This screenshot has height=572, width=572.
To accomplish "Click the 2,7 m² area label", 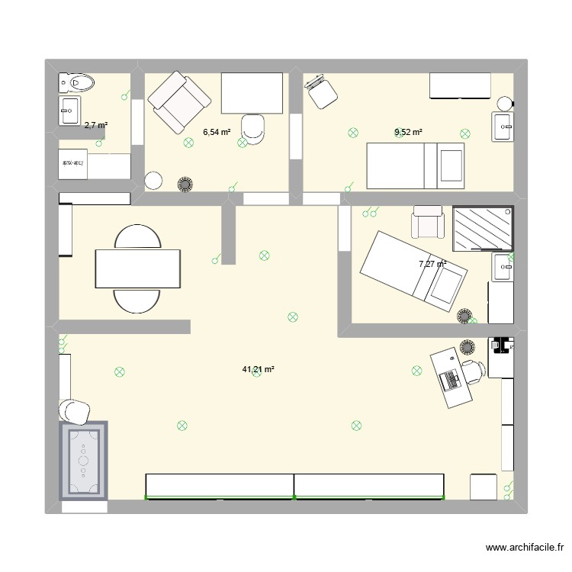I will (x=95, y=125).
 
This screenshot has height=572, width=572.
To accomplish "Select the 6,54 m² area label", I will (x=216, y=132).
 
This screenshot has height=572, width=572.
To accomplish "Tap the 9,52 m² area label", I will (x=408, y=132).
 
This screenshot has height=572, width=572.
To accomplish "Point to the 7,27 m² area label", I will (x=432, y=264).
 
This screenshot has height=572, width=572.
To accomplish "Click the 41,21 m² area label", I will (x=258, y=369).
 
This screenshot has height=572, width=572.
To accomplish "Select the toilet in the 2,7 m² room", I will (x=77, y=82).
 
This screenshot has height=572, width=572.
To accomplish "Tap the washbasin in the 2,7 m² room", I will (x=69, y=111).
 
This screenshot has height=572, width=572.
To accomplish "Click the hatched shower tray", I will (x=482, y=227).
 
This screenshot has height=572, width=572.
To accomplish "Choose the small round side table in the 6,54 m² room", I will (x=154, y=182).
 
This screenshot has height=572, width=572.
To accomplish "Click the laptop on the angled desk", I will (x=451, y=378).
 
